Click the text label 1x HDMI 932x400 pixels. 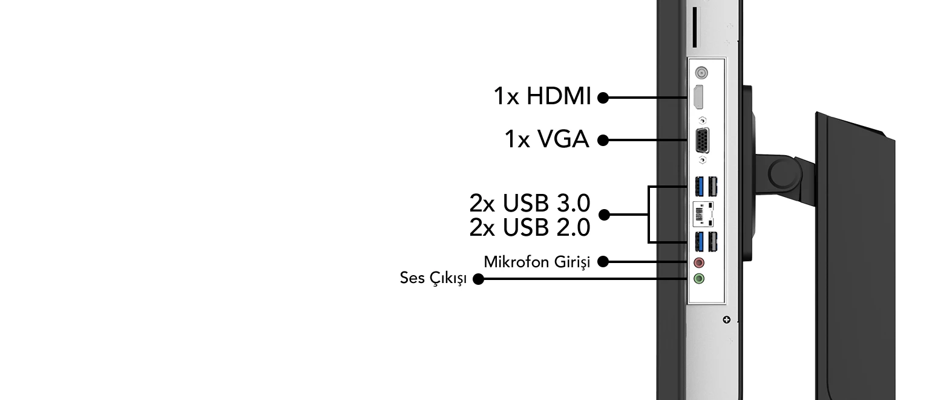542,96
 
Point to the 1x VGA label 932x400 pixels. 547,139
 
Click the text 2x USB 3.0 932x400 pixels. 530,202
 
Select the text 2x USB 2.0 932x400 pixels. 530,228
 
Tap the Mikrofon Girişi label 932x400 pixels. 537,262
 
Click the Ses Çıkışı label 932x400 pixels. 433,278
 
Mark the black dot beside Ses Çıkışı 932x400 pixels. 478,279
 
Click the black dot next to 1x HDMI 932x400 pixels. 603,98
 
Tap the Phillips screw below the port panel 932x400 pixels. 727,319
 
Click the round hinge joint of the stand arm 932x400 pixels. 784,172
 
